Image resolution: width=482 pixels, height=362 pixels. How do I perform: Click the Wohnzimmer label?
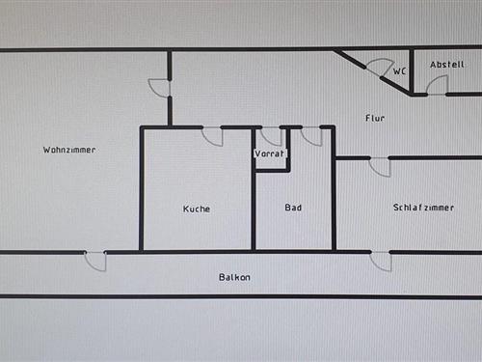click(x=69, y=150)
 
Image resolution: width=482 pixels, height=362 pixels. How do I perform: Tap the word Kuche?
click(x=197, y=209)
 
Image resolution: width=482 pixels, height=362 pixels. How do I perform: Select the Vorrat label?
click(x=270, y=154)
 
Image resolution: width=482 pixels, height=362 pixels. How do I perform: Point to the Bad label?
click(x=294, y=208)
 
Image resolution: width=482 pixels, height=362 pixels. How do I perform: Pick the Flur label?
click(x=375, y=118)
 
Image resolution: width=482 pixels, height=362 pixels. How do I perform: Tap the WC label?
click(x=399, y=71)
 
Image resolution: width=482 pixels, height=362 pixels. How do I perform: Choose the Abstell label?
click(x=446, y=64)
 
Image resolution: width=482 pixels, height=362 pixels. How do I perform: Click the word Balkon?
click(x=234, y=277)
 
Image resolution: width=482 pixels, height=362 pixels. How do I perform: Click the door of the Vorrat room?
click(x=272, y=136)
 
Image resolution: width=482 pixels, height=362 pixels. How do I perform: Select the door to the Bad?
click(x=311, y=136)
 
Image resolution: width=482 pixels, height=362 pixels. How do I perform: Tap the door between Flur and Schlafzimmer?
click(x=380, y=166)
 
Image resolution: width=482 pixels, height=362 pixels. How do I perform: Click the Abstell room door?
click(x=437, y=85)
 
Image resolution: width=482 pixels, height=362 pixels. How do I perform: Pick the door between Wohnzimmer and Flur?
click(x=160, y=88)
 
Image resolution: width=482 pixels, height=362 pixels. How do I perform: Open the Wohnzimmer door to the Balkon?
click(x=95, y=261)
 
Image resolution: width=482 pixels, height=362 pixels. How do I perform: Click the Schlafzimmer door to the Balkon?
click(x=381, y=261)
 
